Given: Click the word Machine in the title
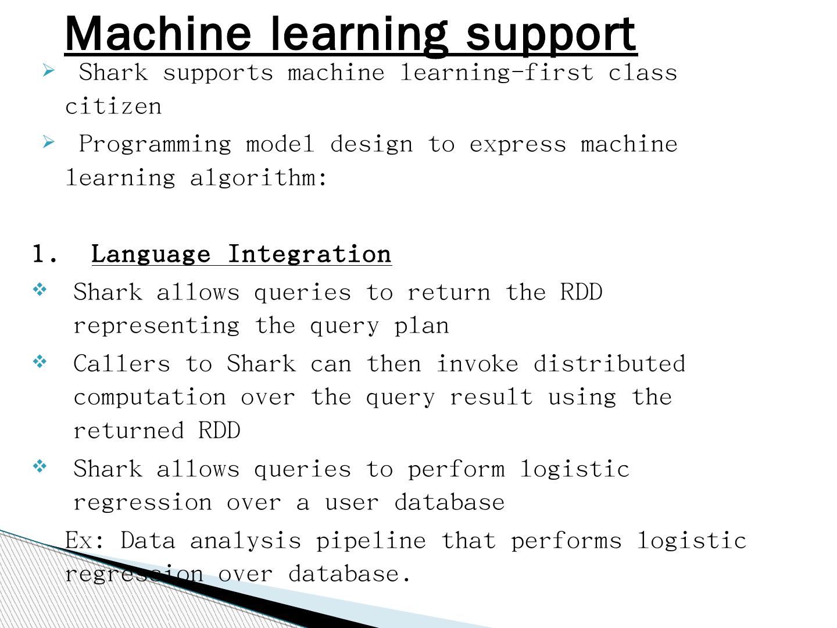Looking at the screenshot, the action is pos(158,34).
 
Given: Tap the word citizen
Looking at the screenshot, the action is pos(113,106).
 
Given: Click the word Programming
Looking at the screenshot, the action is pos(155,145).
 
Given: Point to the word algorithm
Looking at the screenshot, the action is pos(259,178).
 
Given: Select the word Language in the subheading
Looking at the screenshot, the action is pos(151,255).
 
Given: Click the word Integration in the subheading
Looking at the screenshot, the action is pos(309,255).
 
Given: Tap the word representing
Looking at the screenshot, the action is pos(156,326).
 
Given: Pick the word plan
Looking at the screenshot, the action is pos(421,326).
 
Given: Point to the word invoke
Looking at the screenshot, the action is pos(477,364).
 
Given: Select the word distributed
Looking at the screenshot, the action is pos(609,364).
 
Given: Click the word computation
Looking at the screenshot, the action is pos(149,397).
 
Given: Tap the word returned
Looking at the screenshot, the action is pos(128,431).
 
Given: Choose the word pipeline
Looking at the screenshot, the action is pos(371,541).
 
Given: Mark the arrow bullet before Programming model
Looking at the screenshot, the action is pos(49,142).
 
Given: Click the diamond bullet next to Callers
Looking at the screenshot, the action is pos(40,362).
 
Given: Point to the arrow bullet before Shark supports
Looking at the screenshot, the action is pos(49,71).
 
